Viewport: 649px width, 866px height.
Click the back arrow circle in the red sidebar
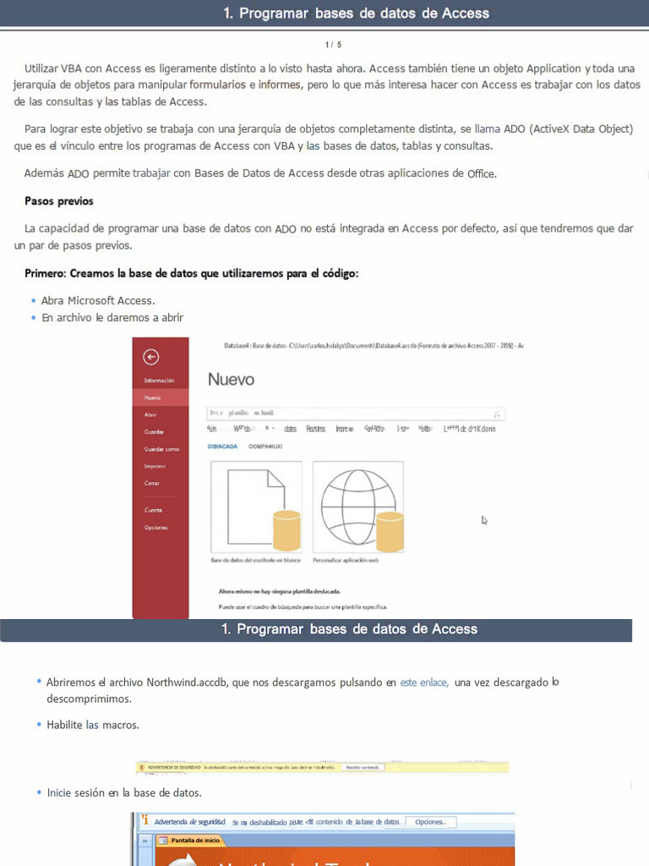[152, 357]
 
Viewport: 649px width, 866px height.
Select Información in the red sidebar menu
[159, 381]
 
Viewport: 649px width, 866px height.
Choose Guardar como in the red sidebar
[161, 449]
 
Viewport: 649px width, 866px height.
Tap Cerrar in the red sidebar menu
[152, 483]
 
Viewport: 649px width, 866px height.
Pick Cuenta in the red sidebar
[153, 510]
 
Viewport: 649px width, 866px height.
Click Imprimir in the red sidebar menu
[155, 466]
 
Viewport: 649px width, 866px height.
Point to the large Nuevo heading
[231, 380]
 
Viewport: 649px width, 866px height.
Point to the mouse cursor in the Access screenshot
[484, 520]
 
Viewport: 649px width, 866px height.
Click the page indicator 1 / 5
[333, 44]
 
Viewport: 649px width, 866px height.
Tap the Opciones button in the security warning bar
[430, 822]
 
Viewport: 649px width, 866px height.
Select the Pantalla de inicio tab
[195, 841]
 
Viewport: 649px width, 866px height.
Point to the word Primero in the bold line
[46, 273]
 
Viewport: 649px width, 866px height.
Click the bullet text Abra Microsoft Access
[98, 300]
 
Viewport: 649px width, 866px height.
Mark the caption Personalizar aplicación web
[346, 560]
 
